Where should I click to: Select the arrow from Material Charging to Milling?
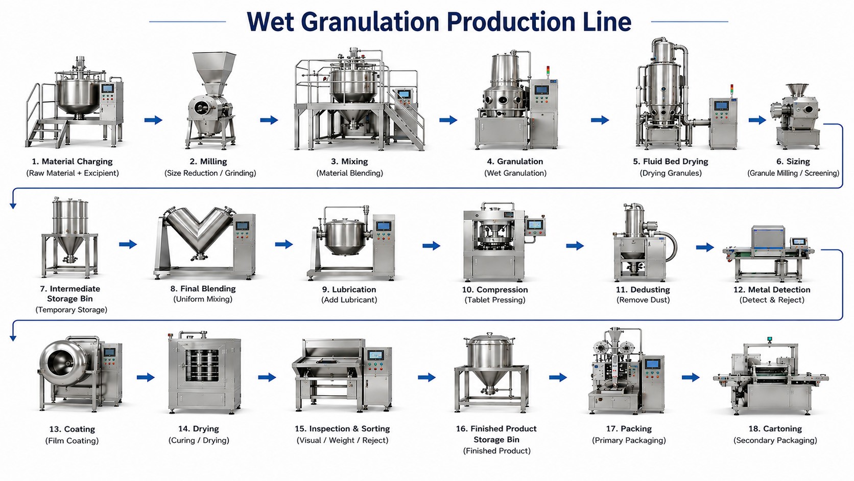153,120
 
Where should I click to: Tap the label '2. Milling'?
208,162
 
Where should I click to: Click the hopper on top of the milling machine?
213,72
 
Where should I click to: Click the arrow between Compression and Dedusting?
575,246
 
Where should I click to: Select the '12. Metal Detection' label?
772,289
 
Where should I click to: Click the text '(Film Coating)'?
72,441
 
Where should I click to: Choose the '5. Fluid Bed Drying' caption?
671,162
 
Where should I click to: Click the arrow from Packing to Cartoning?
691,378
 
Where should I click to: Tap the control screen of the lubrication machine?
384,226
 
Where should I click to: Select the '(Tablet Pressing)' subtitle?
495,300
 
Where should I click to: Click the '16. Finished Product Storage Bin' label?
496,434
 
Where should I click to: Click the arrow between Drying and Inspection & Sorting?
267,378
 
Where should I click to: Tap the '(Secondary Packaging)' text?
775,440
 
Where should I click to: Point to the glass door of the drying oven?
202,365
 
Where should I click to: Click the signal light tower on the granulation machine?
548,72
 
